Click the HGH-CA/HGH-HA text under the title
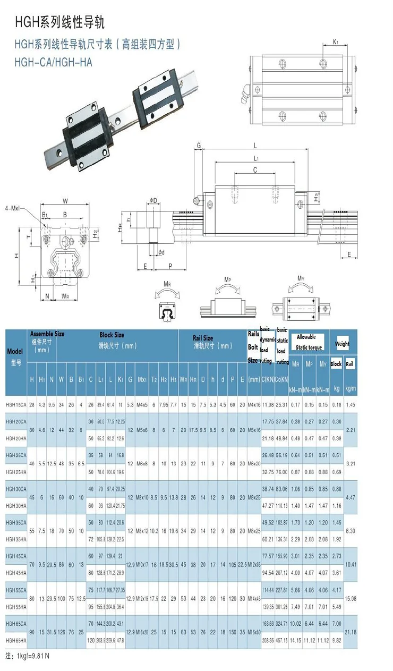tap(53, 62)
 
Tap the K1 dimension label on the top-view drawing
tap(336, 41)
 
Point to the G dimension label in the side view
tap(199, 145)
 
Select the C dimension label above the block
tap(255, 170)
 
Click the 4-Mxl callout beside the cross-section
tap(12, 208)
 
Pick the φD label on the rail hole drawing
tap(153, 200)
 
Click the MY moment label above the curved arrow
tap(301, 278)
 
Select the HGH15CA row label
tap(16, 405)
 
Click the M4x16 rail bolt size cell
tap(254, 405)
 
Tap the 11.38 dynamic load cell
tap(268, 405)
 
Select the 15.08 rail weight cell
tap(349, 598)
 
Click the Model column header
tap(14, 351)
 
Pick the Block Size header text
tap(112, 335)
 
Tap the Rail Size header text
tap(202, 338)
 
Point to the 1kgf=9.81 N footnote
tap(28, 656)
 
